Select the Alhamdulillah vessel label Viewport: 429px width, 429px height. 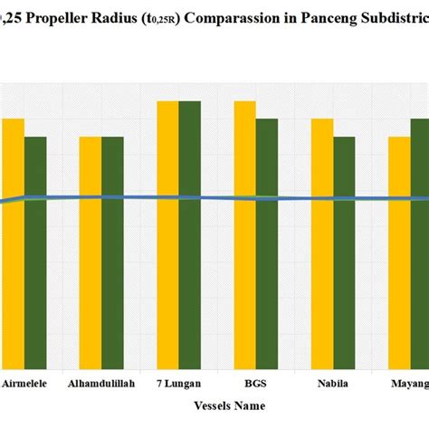(101, 384)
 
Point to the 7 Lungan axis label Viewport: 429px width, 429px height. (178, 384)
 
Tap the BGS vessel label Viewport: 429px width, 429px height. (255, 384)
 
